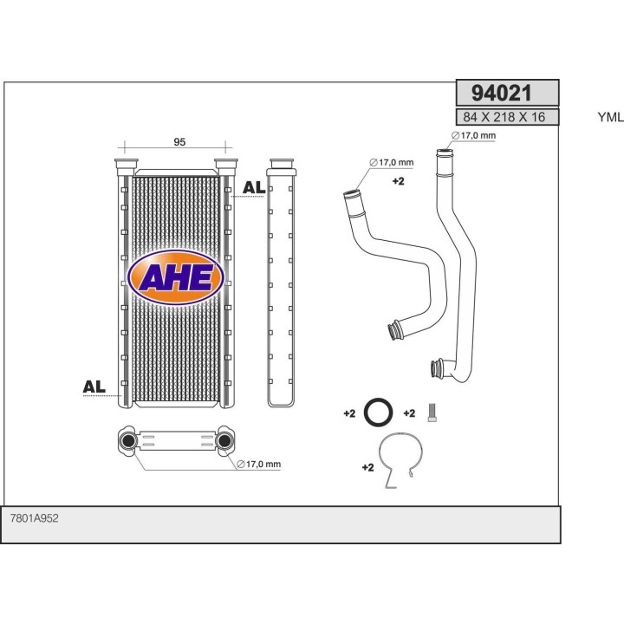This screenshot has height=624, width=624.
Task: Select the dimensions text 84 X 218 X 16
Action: pyautogui.click(x=504, y=117)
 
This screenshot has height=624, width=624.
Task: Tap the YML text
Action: pyautogui.click(x=610, y=117)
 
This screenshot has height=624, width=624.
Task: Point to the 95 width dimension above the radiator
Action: pyautogui.click(x=179, y=142)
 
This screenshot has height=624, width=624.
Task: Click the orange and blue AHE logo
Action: pyautogui.click(x=176, y=277)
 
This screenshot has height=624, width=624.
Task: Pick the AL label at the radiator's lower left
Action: pyautogui.click(x=94, y=387)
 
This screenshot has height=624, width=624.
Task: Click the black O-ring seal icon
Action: pyautogui.click(x=377, y=413)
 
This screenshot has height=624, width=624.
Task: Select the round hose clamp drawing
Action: pyautogui.click(x=401, y=460)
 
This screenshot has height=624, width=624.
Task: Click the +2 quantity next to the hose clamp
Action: pyautogui.click(x=367, y=468)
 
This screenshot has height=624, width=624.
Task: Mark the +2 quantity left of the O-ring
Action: pyautogui.click(x=349, y=413)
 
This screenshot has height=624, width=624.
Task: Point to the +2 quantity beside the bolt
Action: pyautogui.click(x=411, y=413)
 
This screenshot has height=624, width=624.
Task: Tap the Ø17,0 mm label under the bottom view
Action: pyautogui.click(x=259, y=465)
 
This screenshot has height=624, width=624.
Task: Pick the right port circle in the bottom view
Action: pyautogui.click(x=224, y=442)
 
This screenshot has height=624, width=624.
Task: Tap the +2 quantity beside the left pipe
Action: pyautogui.click(x=399, y=182)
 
